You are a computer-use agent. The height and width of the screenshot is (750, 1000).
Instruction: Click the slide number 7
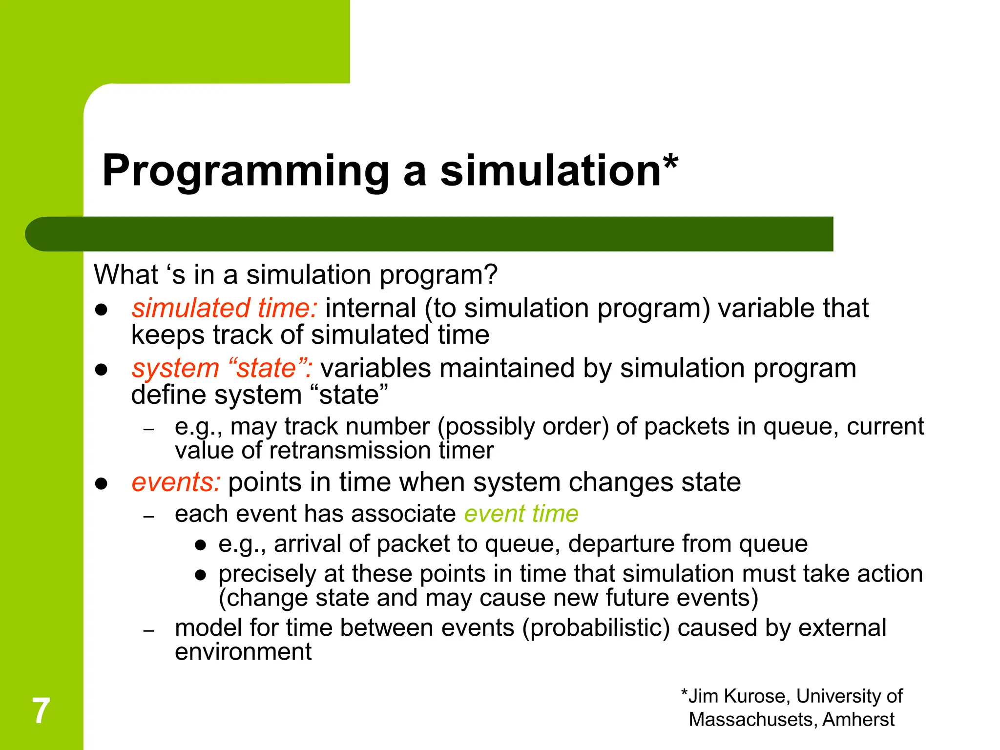41,711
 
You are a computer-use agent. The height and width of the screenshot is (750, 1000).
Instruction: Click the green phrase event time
521,514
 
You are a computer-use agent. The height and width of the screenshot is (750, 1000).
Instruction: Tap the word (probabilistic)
596,628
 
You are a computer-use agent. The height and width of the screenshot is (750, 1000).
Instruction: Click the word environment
243,652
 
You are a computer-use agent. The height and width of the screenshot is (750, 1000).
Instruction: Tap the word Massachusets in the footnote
752,720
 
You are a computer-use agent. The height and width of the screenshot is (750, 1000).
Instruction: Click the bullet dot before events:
101,484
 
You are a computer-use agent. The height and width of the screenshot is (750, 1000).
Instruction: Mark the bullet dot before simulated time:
101,310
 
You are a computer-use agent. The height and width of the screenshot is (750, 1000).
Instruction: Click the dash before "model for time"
149,630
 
